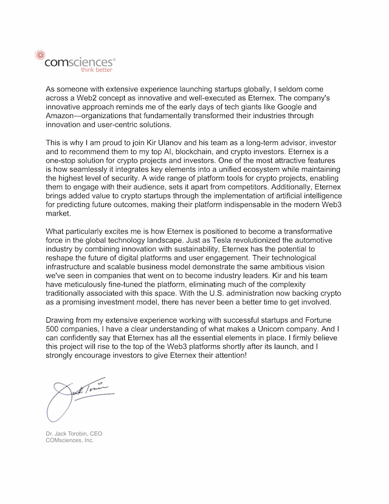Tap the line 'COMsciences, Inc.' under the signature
70,439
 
